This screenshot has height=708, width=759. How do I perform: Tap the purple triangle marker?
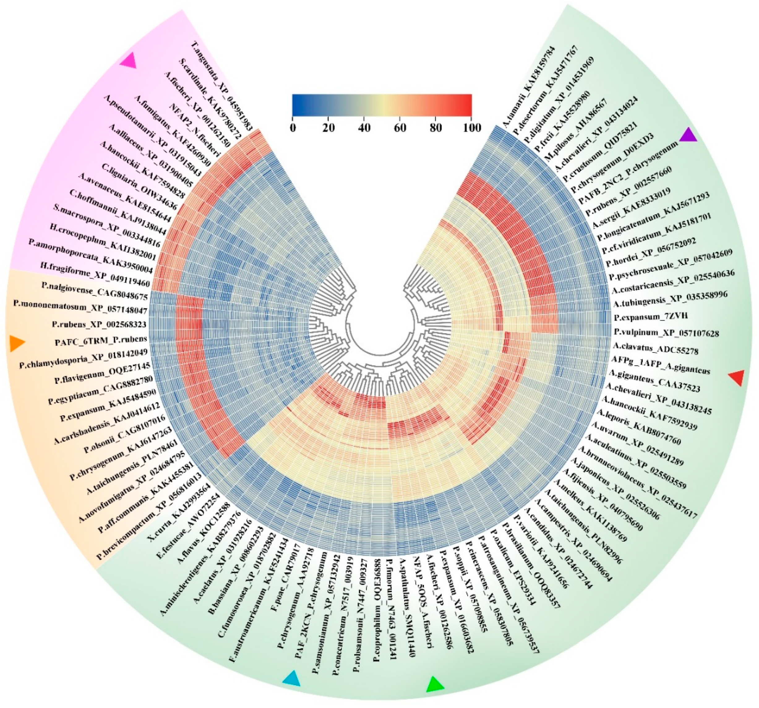coord(689,135)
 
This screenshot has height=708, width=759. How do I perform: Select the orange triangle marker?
coord(16,343)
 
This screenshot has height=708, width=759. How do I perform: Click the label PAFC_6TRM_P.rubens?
coord(101,341)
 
